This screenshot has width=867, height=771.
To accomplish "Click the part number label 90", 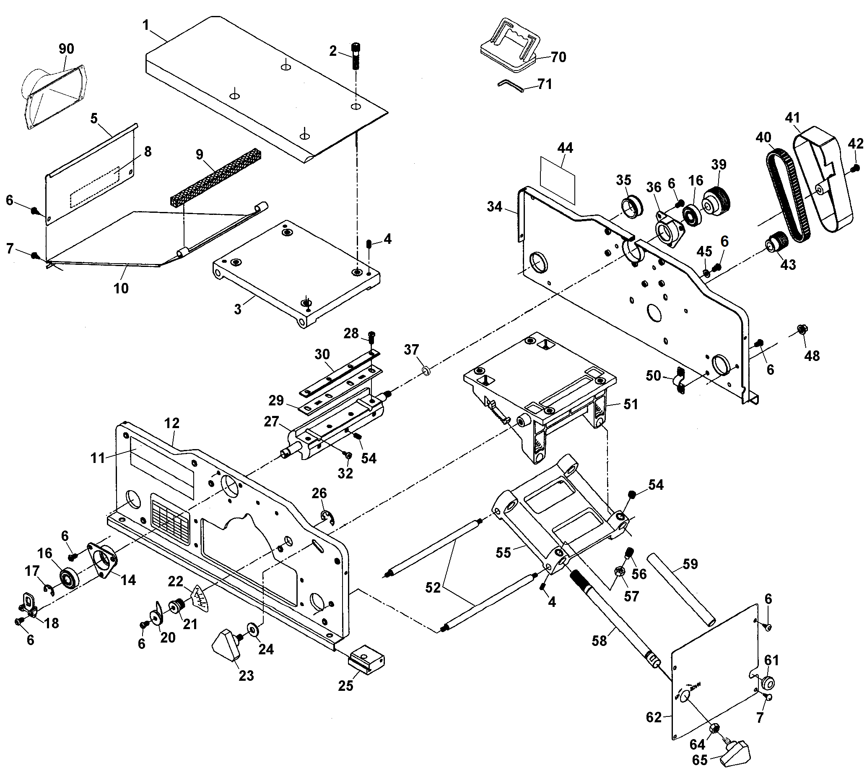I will [66, 49].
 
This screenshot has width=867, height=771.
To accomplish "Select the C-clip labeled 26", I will [327, 519].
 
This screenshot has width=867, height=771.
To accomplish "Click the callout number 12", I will [172, 423].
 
